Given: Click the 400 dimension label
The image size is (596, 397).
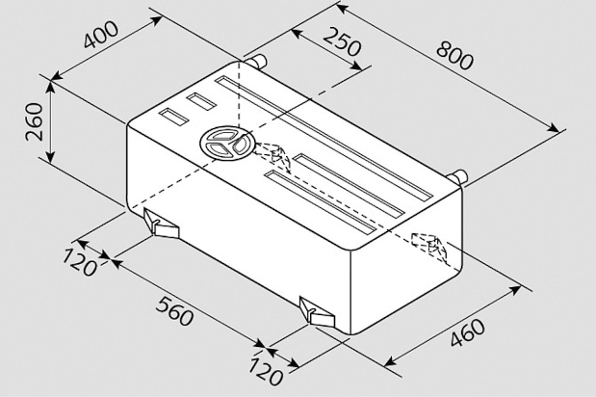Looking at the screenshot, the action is (101, 35).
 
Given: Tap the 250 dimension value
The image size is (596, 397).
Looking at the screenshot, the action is (342, 41).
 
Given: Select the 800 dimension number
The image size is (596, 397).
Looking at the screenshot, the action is (455, 56).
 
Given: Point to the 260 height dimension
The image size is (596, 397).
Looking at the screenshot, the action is (35, 121).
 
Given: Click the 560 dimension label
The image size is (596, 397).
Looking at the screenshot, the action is (174, 311).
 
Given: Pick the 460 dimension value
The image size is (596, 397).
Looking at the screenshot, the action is (468, 332).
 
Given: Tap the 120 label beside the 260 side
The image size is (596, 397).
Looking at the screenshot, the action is (80, 262).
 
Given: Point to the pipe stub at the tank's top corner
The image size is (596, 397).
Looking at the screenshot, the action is (255, 62).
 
